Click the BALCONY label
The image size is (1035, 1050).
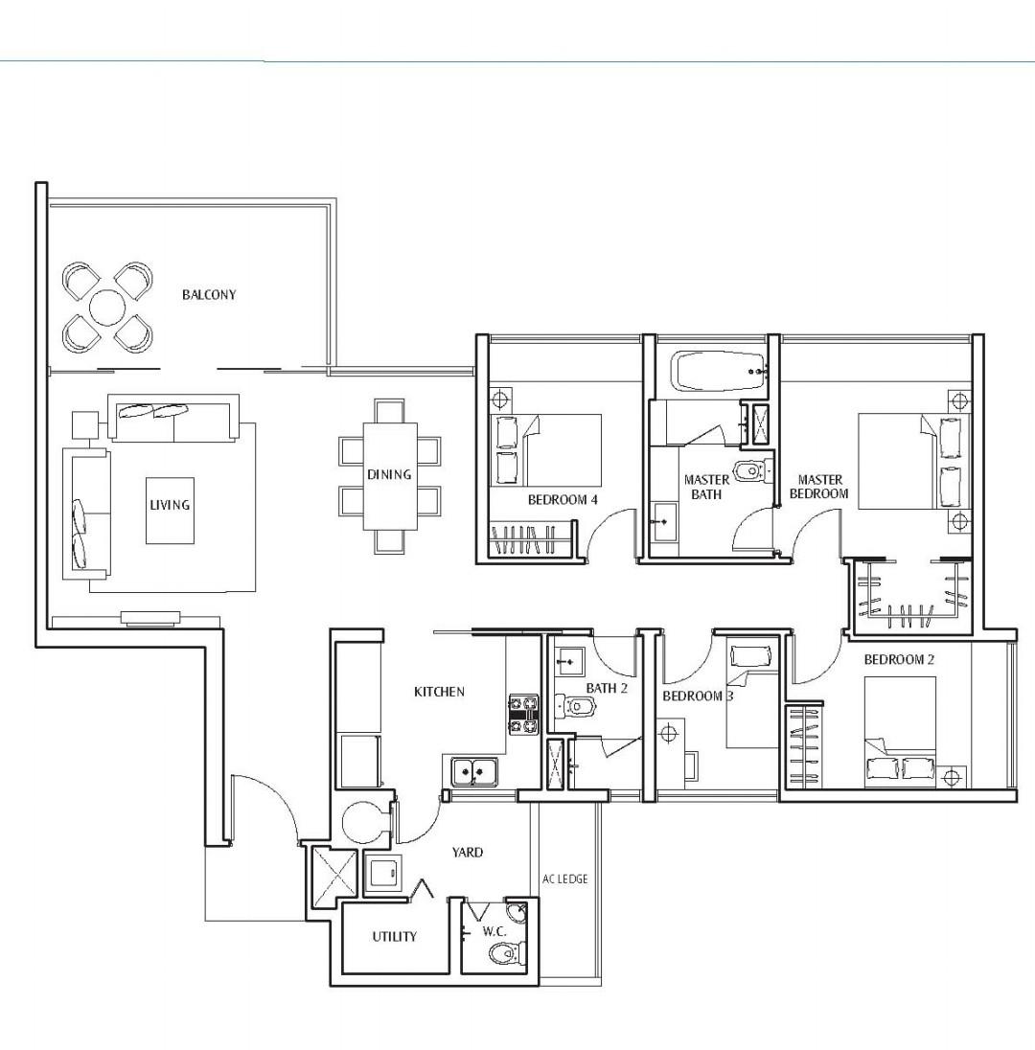coord(208,295)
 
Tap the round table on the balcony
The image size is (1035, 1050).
coord(107,308)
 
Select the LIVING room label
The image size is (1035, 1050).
coord(170,505)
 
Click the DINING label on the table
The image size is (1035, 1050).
coord(389,474)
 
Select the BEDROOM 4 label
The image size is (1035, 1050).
coord(563,500)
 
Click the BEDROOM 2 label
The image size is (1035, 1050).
coord(898,659)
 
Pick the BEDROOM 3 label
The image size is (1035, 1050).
coord(698,696)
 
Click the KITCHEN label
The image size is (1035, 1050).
coord(439,692)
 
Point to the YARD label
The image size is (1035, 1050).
coord(467,852)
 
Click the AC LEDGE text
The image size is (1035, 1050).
coord(564,879)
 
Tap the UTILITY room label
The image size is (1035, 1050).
coord(394,936)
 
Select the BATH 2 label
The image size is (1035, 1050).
coord(606,688)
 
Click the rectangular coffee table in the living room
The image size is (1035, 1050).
coord(170,510)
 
